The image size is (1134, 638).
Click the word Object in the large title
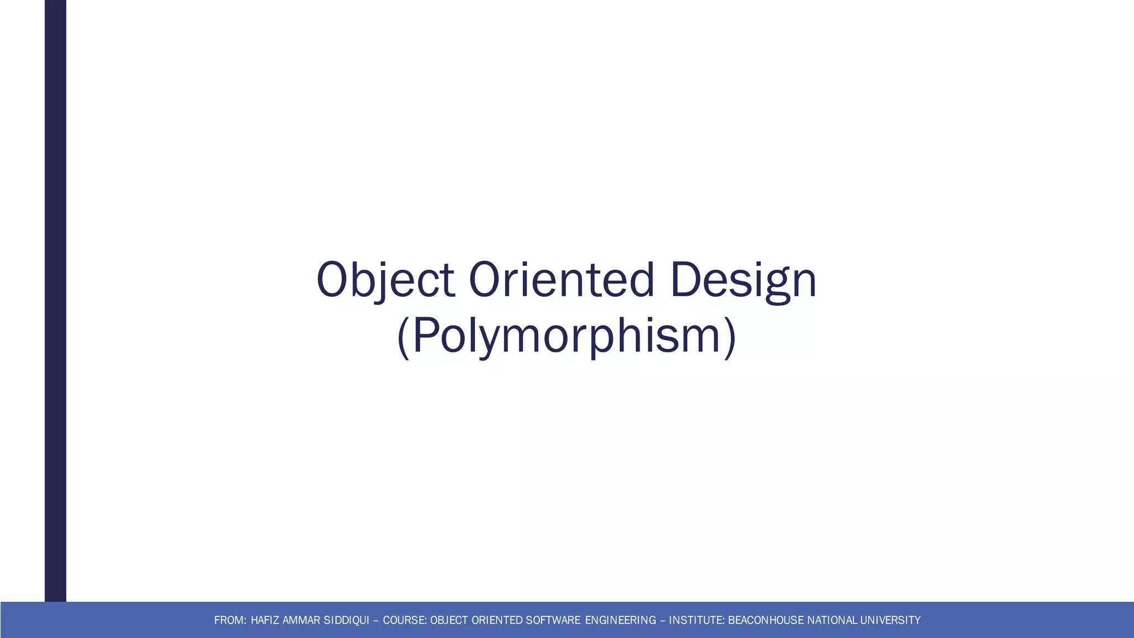coord(385,280)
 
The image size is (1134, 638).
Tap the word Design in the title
coord(743,280)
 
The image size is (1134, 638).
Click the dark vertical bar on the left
coord(55,299)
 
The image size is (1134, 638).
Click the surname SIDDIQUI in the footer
coord(346,620)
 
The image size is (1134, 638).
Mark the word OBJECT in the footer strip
coord(449,620)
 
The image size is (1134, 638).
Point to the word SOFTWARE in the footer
coord(553,620)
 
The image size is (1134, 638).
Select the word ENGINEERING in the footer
coord(620,620)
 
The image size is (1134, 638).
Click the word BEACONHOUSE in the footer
coord(765,620)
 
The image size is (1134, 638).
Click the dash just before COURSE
coord(377,620)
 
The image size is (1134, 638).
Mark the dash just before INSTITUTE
coord(663,620)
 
